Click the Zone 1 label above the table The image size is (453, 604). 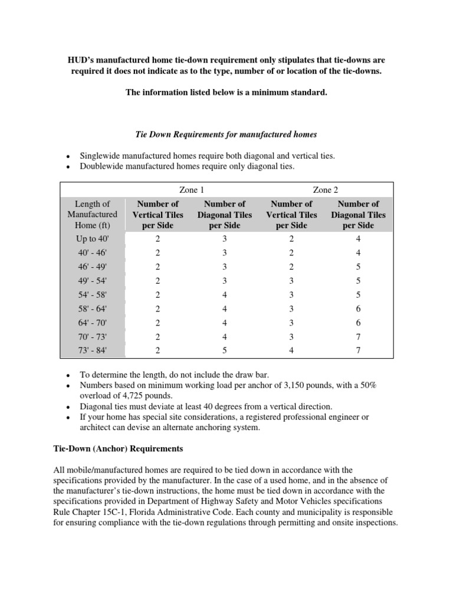coord(192,190)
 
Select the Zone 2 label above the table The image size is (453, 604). coord(326,190)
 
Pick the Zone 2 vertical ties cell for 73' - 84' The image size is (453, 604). coord(291,350)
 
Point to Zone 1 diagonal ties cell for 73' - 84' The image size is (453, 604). coord(225,350)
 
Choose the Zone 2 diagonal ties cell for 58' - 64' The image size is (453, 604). coord(358,308)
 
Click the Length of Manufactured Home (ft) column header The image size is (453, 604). coord(92,215)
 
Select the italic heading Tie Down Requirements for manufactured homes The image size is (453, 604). coord(226,134)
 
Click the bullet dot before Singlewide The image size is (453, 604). coord(69,156)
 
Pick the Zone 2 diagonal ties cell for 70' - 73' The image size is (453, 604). coord(358,336)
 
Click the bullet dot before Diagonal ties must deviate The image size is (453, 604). coord(69,407)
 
